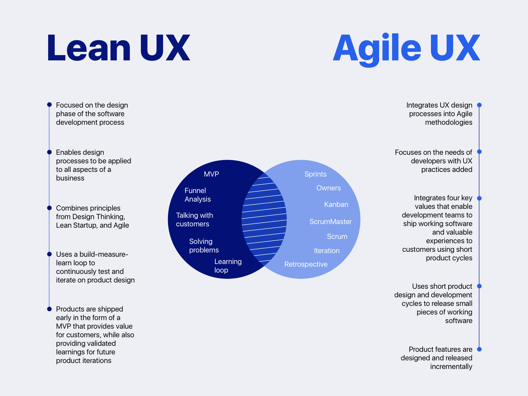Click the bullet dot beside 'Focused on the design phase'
coord(49,105)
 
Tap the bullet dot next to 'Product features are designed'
coord(479,349)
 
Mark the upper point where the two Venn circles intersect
coord(264,173)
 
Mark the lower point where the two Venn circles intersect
coord(264,266)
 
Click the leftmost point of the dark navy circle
coord(168,219)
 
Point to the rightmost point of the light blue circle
coord(360,219)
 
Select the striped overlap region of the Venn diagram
coord(264,219)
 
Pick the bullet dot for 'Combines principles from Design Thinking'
coord(49,208)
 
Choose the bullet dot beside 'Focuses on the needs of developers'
coord(479,152)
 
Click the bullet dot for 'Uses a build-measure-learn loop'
coord(49,254)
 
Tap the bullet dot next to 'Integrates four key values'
coord(479,198)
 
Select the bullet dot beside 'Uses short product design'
coord(479,286)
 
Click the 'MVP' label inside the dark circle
coord(211,174)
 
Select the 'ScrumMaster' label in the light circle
coord(330,221)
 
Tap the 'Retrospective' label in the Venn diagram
coord(306,264)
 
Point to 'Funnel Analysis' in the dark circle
coord(197,195)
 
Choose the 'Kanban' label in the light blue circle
coord(336,204)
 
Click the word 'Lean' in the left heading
coord(89,48)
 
